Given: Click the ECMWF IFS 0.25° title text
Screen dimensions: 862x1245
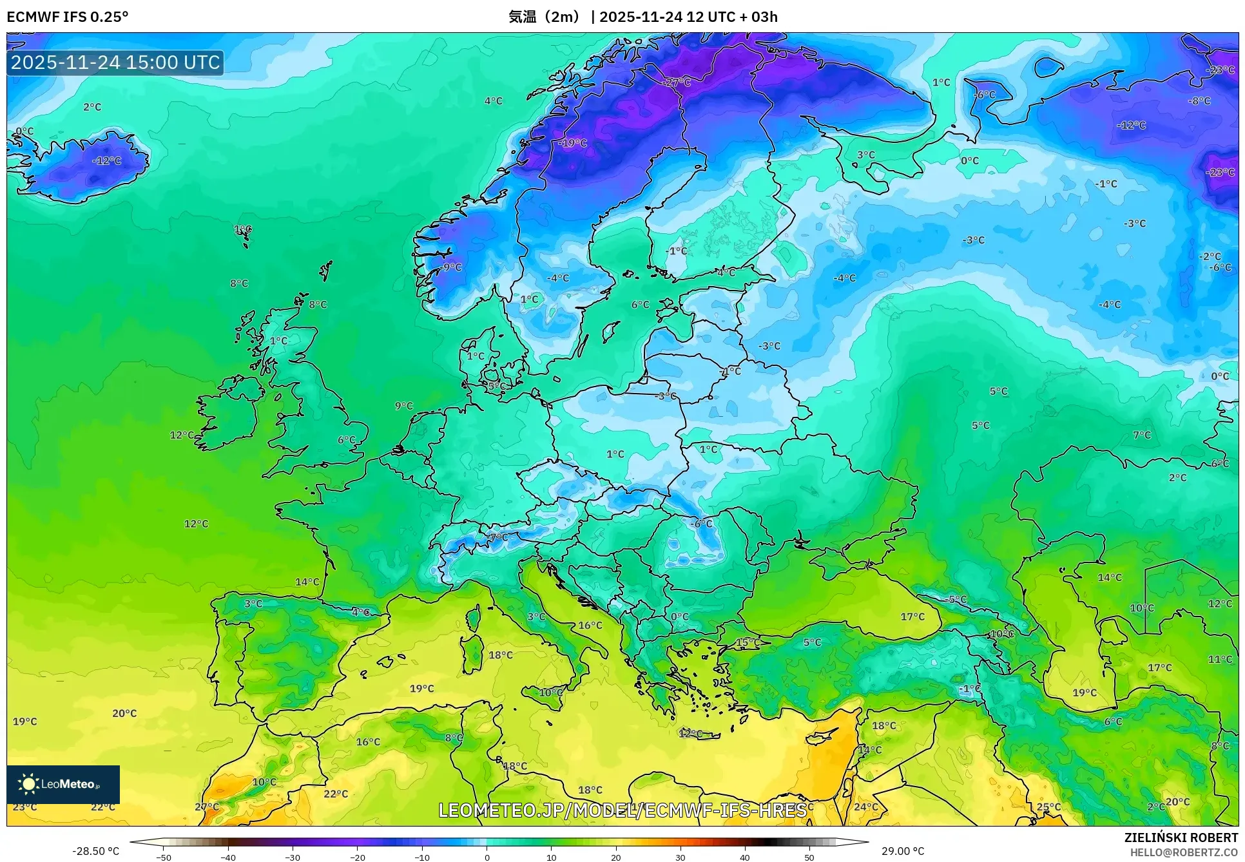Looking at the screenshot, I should point(67,17).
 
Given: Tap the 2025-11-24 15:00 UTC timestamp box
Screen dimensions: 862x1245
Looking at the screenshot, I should point(115,62).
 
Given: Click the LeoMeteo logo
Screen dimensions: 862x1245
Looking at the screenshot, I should point(63,784).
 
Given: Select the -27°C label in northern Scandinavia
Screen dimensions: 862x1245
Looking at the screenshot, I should point(677,82).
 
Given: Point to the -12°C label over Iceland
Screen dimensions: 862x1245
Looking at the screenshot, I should point(107,160).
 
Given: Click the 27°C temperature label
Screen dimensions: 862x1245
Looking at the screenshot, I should point(207,807).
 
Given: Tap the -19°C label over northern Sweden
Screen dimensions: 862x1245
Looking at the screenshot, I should point(573,143).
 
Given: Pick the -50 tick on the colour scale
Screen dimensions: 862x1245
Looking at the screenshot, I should point(164,857).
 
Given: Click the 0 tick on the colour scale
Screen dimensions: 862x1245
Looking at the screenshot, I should point(487,857).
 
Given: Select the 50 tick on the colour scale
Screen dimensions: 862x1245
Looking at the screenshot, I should point(809,857).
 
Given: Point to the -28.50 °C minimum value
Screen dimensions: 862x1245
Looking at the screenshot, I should point(95,851).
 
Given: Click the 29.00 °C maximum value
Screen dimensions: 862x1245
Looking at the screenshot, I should point(903,851).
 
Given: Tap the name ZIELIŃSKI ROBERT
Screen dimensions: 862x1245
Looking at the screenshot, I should point(1181,838).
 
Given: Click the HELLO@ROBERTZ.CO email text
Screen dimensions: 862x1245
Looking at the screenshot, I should point(1183,852).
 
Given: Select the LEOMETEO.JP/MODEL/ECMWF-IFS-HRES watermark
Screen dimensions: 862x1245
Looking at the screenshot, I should point(622,810).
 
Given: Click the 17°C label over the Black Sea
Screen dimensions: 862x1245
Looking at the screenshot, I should point(912,617).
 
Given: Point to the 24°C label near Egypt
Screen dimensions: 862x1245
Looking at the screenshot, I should point(866,807).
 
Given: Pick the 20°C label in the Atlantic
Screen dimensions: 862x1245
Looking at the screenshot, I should point(124,713).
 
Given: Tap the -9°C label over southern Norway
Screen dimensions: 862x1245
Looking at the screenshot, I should point(452,267).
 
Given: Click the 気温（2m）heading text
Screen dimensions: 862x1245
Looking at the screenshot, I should point(545,17).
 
